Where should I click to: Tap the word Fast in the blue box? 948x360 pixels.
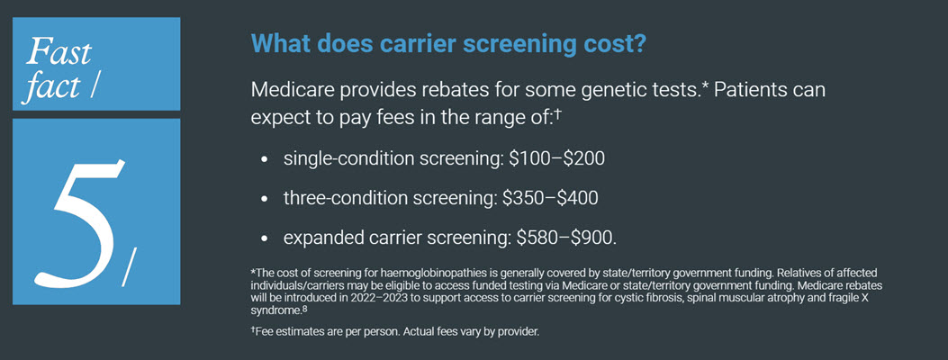coord(59,51)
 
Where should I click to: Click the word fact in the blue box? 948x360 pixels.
coord(53,88)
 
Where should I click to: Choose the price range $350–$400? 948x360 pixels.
coord(554,197)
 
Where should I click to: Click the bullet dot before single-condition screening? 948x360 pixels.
coord(264,159)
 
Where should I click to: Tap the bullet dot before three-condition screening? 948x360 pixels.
coord(264,198)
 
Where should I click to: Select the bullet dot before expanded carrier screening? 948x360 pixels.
coord(264,238)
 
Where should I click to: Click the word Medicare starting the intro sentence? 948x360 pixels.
coord(293,91)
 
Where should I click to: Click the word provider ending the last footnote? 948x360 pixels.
coord(520,333)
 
